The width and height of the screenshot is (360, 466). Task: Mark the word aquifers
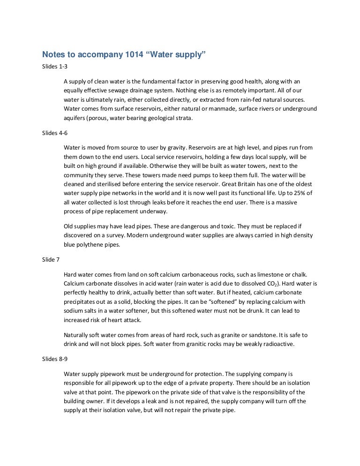[x=75, y=118]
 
